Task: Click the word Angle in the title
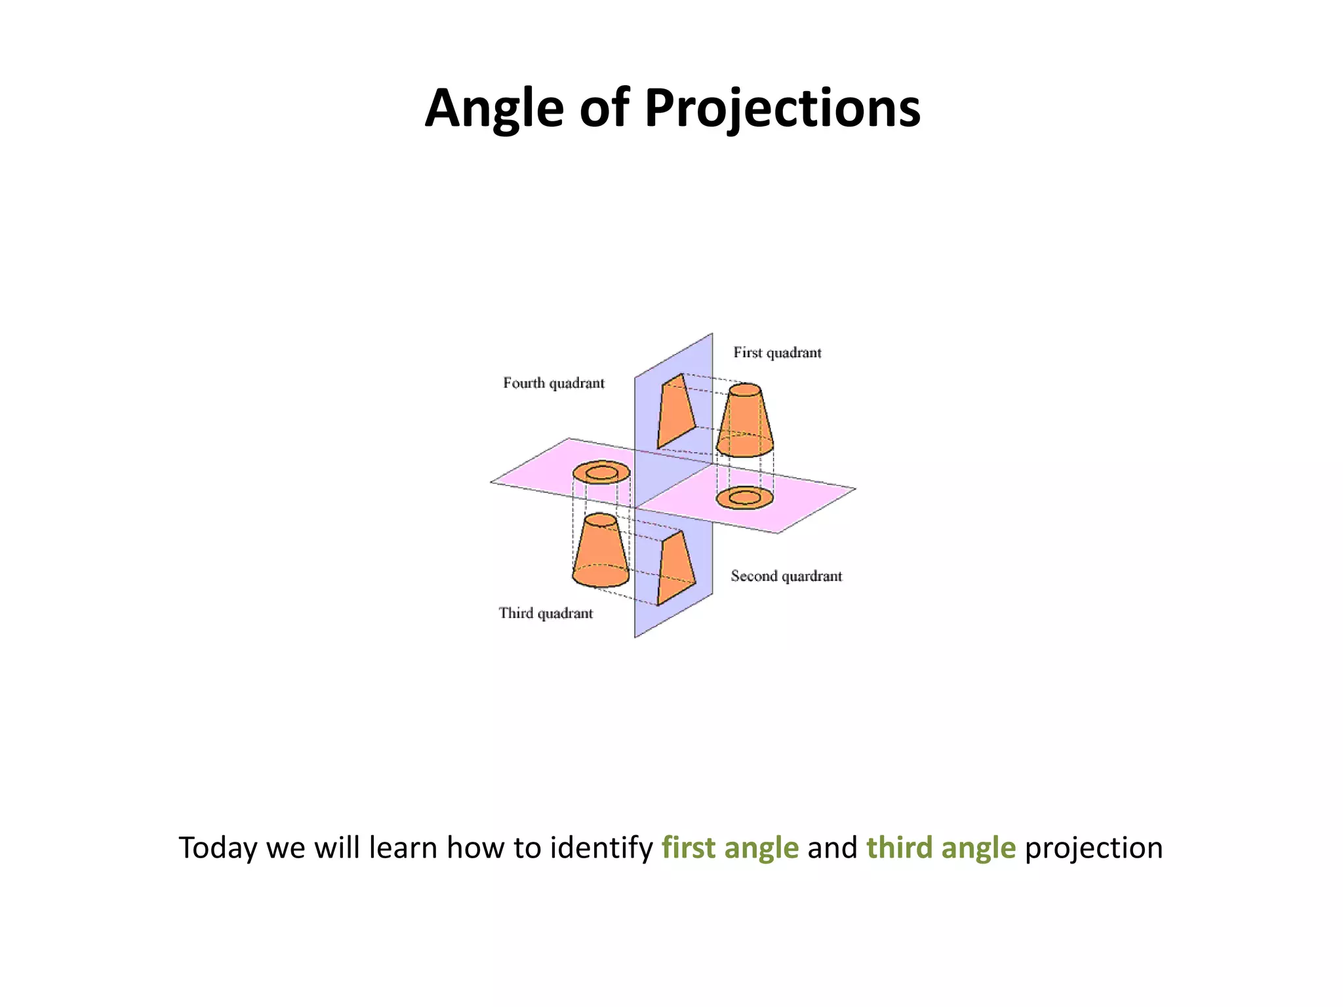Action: coord(494,109)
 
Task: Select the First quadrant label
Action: coord(777,353)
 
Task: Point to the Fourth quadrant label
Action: coord(553,383)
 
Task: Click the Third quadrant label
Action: coord(546,613)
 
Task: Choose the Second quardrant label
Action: coord(786,576)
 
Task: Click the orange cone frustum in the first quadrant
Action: coord(745,423)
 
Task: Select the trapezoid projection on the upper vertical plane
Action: coord(676,412)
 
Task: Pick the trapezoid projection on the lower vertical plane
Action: coord(676,568)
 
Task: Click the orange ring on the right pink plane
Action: coord(744,498)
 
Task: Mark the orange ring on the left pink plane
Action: coord(601,473)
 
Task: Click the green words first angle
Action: coord(730,848)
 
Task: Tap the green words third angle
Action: coord(941,848)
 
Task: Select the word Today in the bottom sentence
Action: coord(218,848)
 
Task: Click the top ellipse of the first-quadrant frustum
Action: coord(746,391)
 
